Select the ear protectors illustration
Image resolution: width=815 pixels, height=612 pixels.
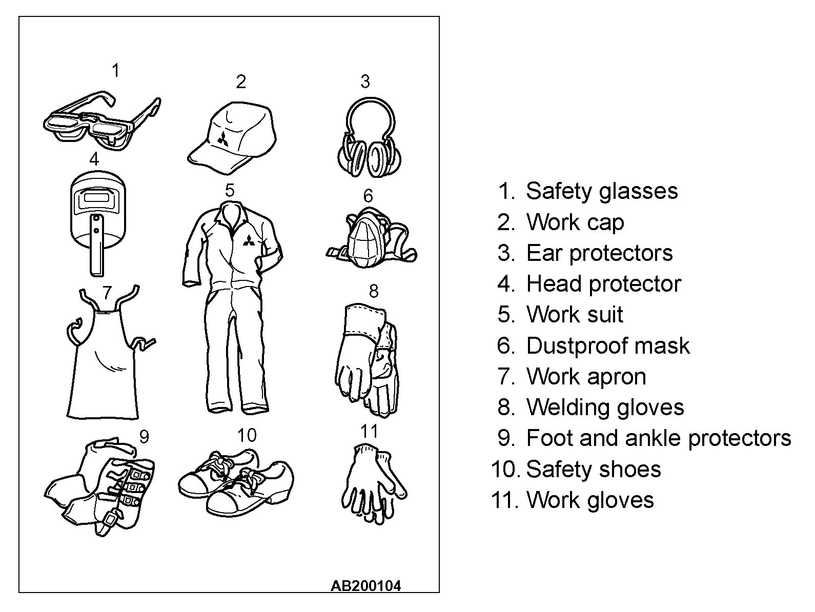point(370,137)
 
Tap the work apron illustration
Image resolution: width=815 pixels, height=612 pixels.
point(108,353)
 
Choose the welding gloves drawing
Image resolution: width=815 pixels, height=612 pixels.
point(367,359)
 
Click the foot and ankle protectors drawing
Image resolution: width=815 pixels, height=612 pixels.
point(99,487)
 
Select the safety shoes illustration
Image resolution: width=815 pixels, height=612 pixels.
point(236,482)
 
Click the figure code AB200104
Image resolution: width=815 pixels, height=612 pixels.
point(366,586)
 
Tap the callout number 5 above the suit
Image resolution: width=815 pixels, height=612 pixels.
point(230,190)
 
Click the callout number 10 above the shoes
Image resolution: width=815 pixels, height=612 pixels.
point(247,435)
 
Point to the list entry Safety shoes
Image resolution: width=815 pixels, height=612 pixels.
point(594,469)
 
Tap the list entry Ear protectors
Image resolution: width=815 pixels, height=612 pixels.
point(599,254)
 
